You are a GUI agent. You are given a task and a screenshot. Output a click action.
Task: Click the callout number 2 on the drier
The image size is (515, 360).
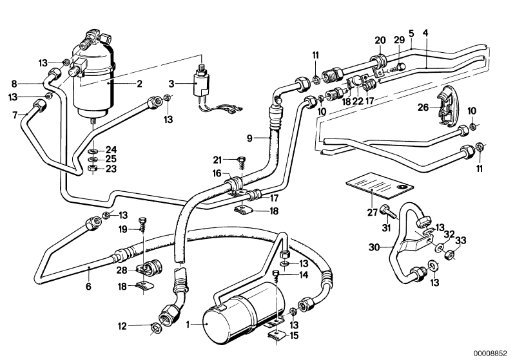pos(140,84)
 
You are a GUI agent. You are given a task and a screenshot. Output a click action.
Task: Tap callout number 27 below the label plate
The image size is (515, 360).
pos(372,213)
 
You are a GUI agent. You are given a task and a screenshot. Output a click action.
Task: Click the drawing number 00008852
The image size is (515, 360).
pos(491,354)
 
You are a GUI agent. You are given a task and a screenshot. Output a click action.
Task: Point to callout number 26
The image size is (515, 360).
pos(423,107)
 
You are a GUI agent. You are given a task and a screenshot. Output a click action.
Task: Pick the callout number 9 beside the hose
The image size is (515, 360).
pos(249,138)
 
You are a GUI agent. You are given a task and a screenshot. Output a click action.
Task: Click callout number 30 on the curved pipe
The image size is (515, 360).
pos(374,247)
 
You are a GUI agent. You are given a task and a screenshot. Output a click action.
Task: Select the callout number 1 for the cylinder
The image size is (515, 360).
pos(188,325)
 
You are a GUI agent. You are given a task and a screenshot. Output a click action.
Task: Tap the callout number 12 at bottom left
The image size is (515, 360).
pos(122,327)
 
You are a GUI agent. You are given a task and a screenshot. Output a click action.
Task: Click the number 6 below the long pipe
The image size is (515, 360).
pos(88,287)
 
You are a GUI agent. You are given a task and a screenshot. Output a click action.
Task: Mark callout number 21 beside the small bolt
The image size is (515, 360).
pos(217,160)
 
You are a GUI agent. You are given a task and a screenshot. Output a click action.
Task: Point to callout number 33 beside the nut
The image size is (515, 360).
pos(460,241)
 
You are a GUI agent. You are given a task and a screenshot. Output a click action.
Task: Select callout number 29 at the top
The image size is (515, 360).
pos(400,40)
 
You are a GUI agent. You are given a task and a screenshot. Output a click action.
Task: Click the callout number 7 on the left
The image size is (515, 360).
pos(15,115)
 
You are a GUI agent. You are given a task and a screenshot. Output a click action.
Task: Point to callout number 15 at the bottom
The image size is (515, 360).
pos(295,336)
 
